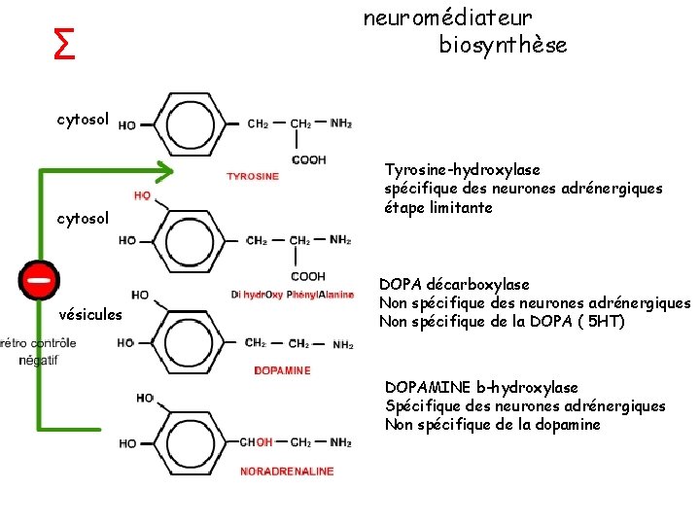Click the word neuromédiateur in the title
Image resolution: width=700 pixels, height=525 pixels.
point(448,17)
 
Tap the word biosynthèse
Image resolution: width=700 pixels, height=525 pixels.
point(503,46)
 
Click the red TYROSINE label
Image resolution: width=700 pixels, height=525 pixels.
point(253,177)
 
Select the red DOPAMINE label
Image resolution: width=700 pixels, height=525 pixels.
point(282,370)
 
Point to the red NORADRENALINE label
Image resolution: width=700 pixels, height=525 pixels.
point(288,472)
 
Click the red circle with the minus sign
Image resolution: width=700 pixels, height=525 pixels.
point(40,279)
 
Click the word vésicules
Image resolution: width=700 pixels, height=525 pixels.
point(90,314)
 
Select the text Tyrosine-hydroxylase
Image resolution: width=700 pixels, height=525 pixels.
point(462,169)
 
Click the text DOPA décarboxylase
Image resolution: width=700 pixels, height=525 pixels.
point(454,284)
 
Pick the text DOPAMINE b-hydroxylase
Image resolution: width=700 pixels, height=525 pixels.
point(481,387)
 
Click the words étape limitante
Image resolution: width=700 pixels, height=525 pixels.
point(438,207)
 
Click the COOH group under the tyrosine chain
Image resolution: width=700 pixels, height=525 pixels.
point(308,159)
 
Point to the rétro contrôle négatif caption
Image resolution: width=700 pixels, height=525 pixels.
point(39,351)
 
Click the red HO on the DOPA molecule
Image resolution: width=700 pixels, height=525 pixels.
point(142,196)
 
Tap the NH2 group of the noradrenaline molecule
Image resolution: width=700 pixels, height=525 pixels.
point(341,443)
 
